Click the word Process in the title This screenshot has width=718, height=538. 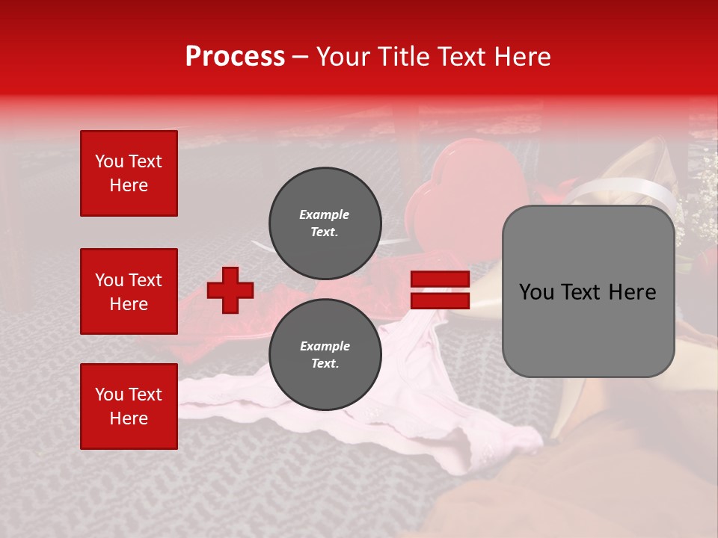235,57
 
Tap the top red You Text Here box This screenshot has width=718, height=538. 129,173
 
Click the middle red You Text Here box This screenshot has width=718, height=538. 129,291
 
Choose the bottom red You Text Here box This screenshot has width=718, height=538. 129,406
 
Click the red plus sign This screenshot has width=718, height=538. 230,290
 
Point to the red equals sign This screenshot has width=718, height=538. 440,290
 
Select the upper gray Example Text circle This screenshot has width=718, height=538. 325,223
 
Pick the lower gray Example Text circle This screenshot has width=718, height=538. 325,354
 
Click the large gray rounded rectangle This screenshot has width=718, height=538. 588,291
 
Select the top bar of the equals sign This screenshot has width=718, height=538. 440,279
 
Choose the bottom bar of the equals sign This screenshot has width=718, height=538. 440,300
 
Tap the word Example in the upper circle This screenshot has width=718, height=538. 325,214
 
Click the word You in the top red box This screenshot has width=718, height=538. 108,161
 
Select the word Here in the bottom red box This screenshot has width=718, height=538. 129,418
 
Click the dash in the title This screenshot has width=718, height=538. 301,57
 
